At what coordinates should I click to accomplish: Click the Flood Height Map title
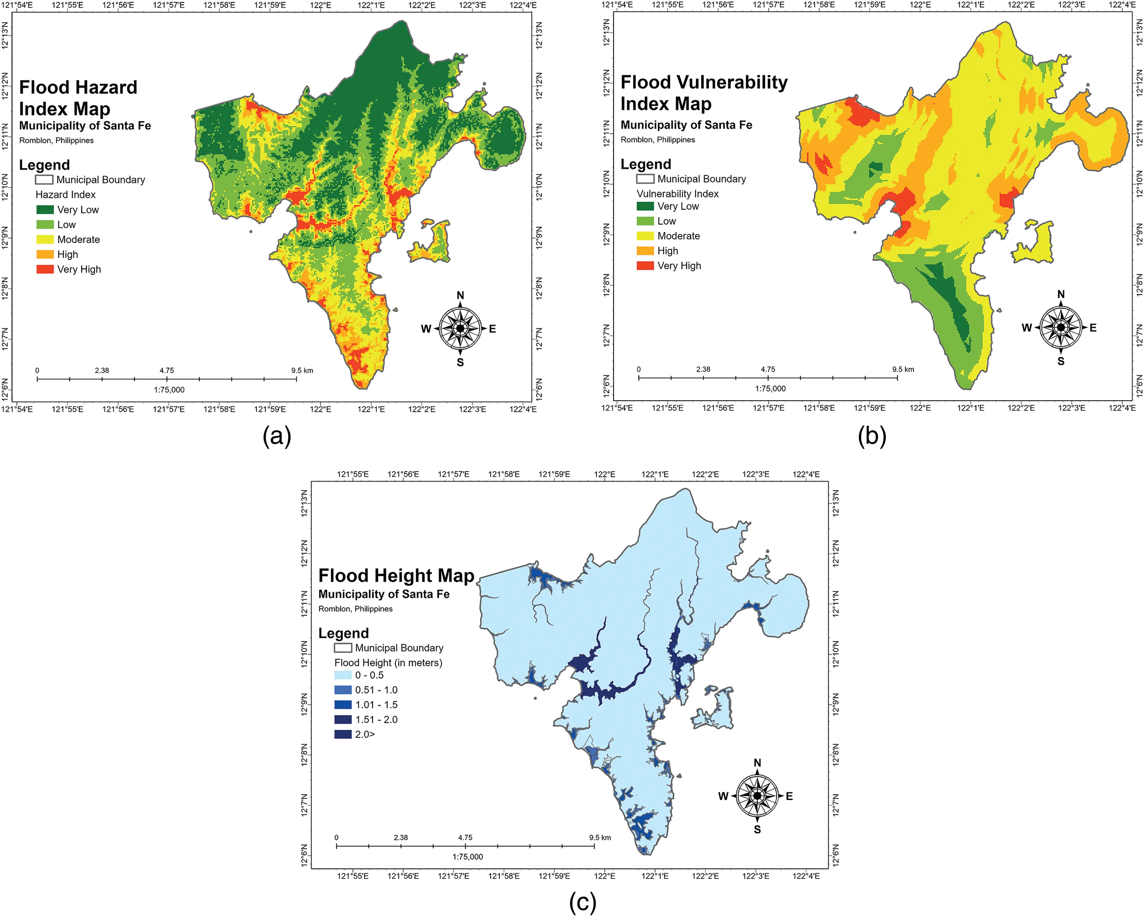(396, 576)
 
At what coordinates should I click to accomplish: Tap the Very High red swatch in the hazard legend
(45, 269)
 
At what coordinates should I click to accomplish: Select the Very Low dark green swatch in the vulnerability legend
(645, 206)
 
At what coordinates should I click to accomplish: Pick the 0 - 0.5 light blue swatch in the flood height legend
(343, 675)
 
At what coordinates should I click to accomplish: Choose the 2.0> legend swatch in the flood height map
(343, 735)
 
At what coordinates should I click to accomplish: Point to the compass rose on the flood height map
(757, 796)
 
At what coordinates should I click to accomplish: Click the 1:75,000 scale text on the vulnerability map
(771, 389)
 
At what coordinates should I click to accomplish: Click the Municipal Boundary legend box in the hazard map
(44, 180)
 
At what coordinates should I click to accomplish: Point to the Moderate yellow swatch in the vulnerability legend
(645, 236)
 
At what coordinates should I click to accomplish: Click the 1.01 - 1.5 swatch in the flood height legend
(343, 705)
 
